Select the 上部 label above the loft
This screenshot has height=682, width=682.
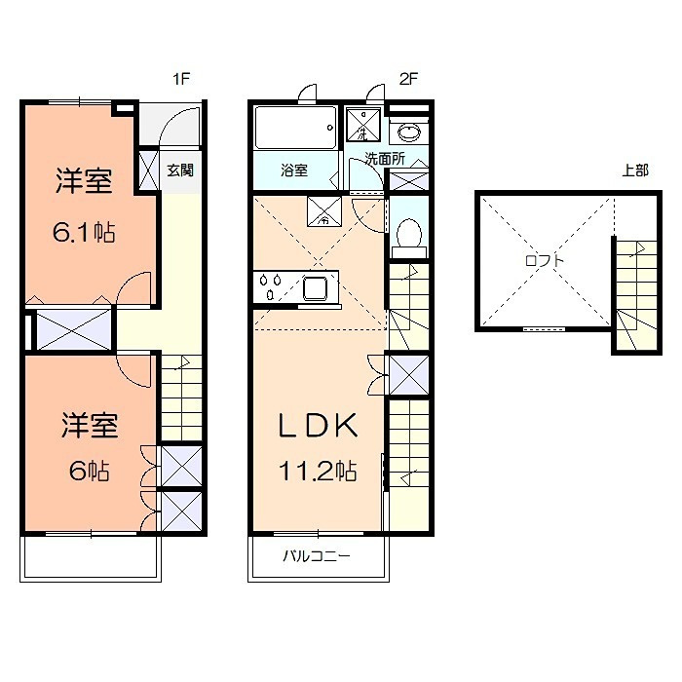click(x=634, y=170)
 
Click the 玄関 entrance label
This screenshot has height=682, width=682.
click(x=179, y=170)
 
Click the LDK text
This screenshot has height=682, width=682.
click(x=319, y=426)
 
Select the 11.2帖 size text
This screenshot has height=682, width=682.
click(x=319, y=472)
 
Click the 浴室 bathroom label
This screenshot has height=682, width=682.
click(x=294, y=170)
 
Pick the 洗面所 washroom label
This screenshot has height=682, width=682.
click(x=385, y=158)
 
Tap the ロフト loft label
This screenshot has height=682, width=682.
click(x=545, y=260)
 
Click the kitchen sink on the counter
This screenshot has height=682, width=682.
click(x=316, y=287)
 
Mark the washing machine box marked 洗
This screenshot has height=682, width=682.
click(x=363, y=127)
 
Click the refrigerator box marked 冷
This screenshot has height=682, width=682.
click(x=323, y=212)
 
